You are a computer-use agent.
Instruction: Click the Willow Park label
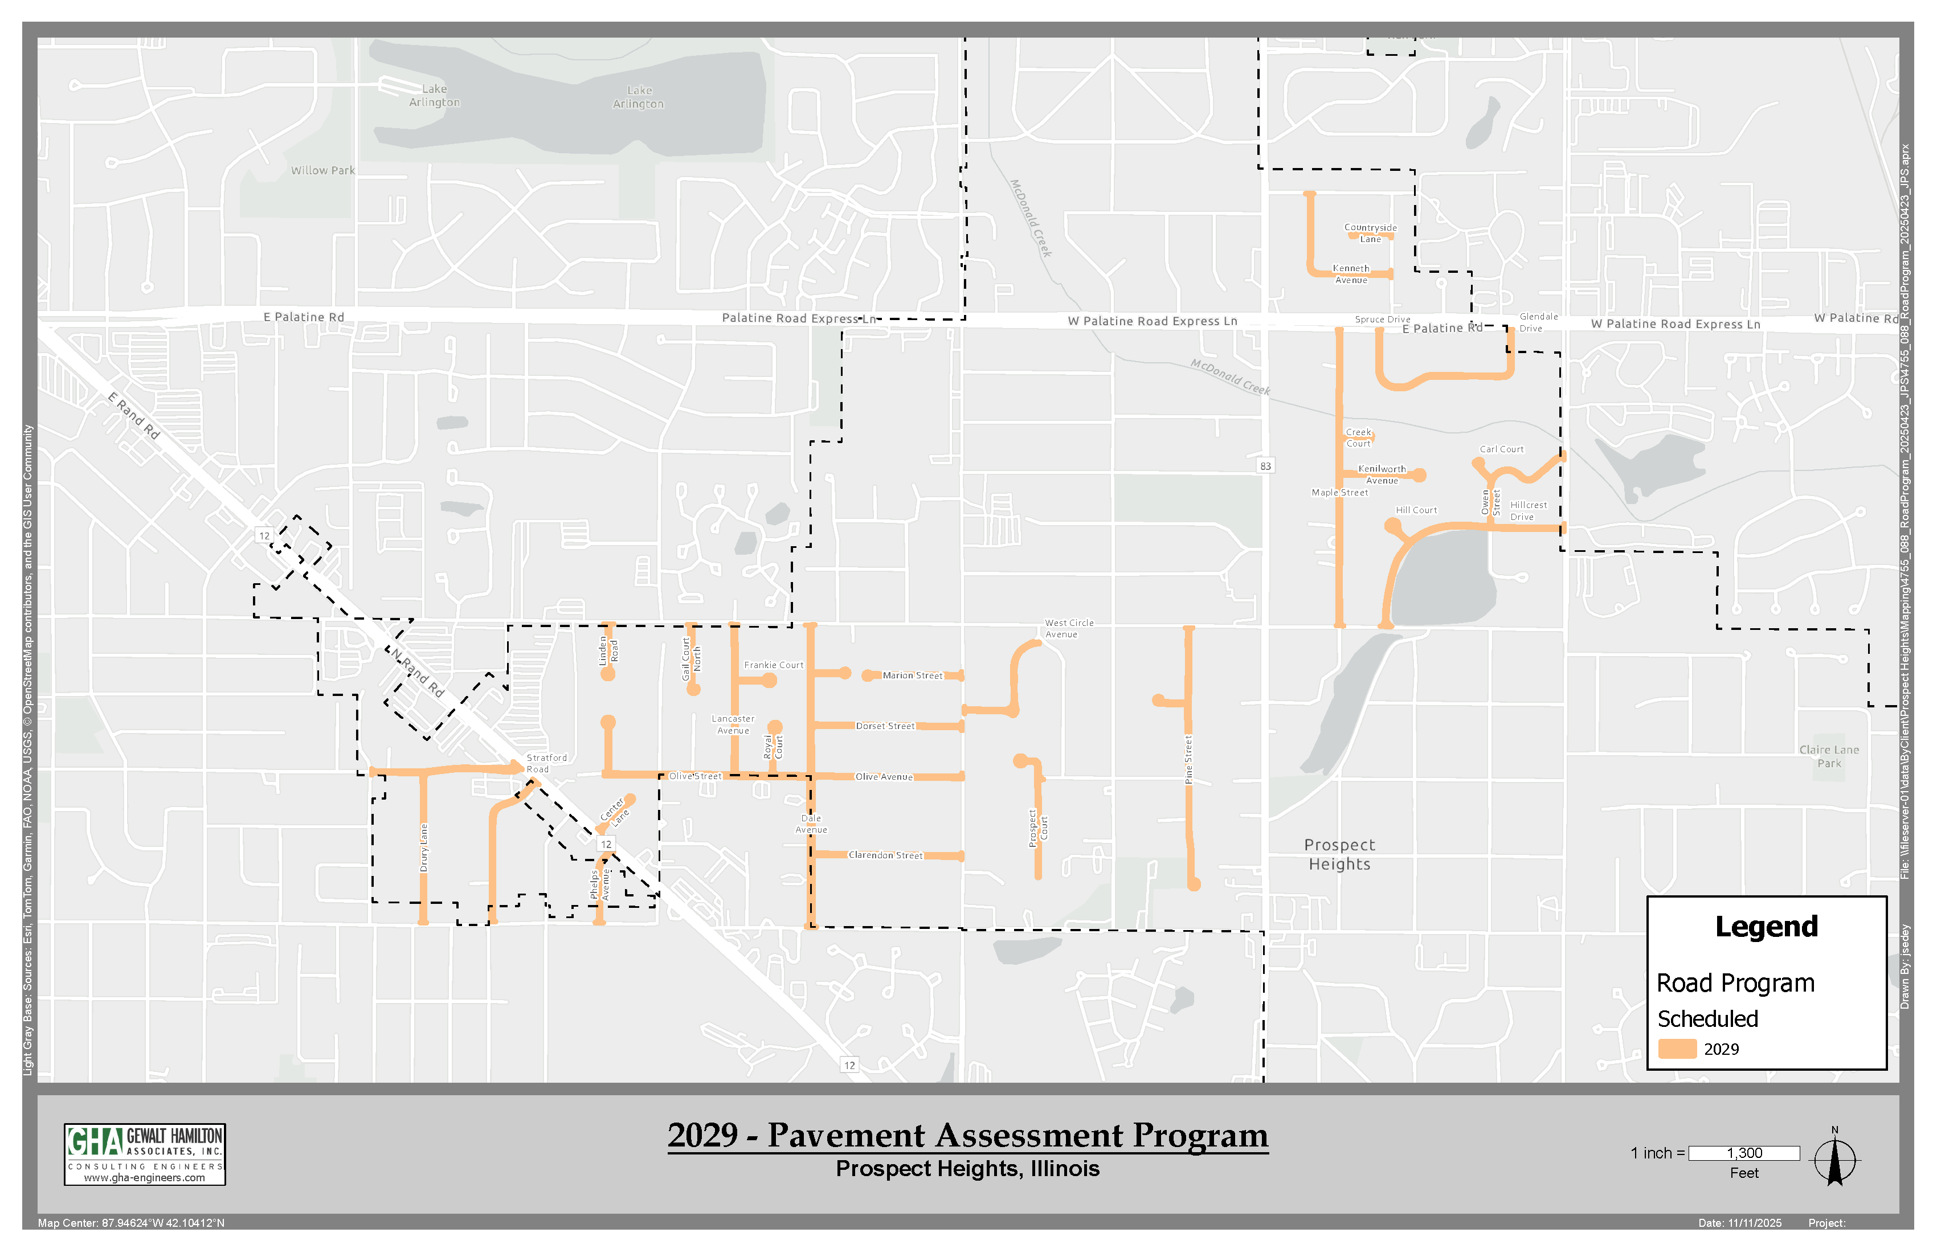coord(322,171)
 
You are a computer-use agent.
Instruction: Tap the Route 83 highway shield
coord(1265,466)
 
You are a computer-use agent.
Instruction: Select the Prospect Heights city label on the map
coord(1339,854)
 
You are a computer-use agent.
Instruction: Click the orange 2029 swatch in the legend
coord(1677,1049)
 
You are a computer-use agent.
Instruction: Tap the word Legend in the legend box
coord(1766,927)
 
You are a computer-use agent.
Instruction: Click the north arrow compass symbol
coord(1834,1160)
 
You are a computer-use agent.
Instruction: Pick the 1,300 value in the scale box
coord(1744,1153)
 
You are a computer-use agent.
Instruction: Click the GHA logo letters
coord(95,1141)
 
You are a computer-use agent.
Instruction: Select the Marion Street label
coord(912,675)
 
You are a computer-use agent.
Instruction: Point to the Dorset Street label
coord(885,726)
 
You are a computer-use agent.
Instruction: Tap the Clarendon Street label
coord(885,855)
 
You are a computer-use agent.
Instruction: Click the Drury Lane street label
coord(423,848)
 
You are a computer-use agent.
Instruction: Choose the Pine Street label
coord(1188,760)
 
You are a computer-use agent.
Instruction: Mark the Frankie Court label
coord(773,665)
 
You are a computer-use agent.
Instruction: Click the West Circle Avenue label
coord(1069,628)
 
